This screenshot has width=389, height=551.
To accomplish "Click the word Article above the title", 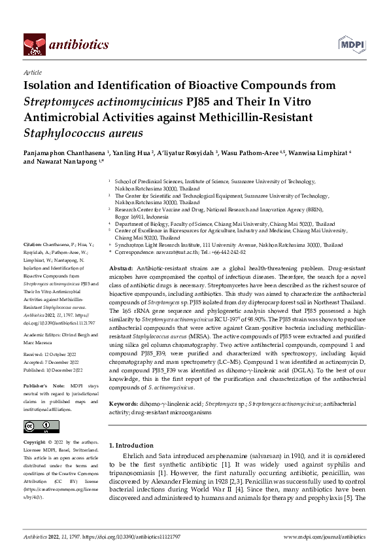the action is tap(32, 73).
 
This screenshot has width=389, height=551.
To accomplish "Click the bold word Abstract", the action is tap(120, 269).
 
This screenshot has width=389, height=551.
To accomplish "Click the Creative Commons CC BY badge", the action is tap(33, 426).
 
